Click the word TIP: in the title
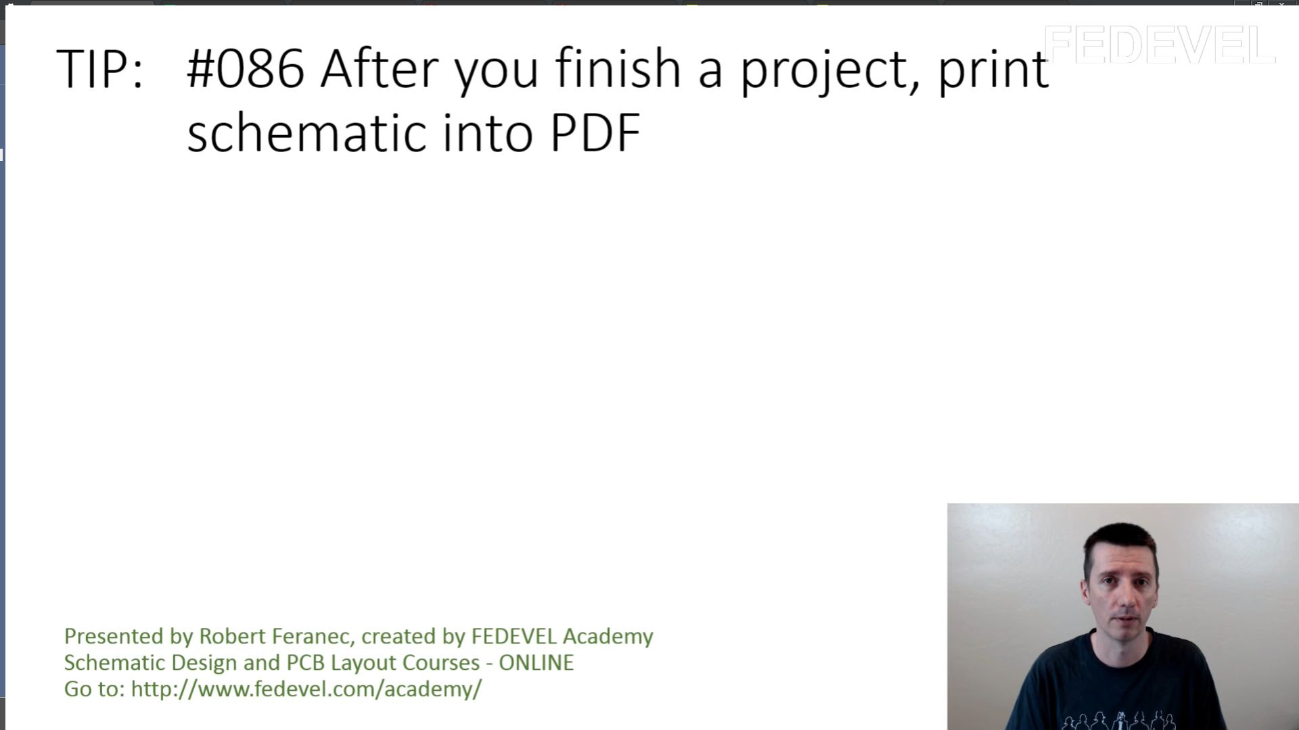point(100,68)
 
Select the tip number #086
point(246,68)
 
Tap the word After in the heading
point(380,68)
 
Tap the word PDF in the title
point(595,132)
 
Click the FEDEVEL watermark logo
point(1160,45)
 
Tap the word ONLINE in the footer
point(537,662)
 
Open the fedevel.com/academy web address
point(306,689)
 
